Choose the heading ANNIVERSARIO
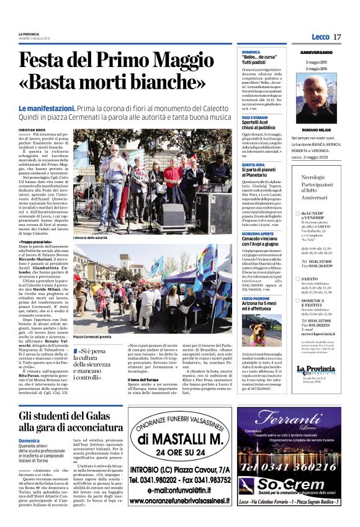click(316, 53)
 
